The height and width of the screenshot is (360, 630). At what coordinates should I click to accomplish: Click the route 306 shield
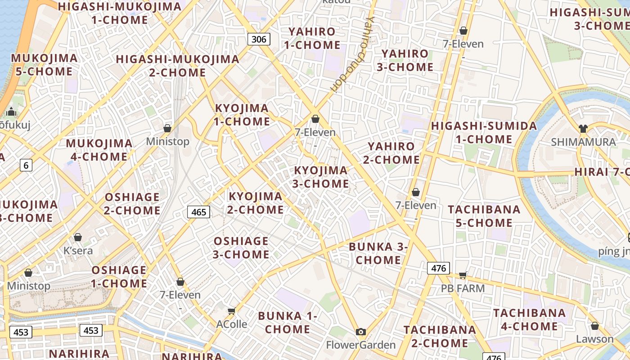point(259,39)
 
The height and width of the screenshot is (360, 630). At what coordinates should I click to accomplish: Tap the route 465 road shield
point(198,212)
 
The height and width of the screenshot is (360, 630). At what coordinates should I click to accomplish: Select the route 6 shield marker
point(26,166)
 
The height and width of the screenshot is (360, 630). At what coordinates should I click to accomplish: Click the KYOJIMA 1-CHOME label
point(242,115)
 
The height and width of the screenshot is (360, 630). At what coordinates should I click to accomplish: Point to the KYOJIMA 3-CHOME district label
point(321,177)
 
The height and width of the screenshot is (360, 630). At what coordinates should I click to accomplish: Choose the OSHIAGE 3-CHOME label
point(241,247)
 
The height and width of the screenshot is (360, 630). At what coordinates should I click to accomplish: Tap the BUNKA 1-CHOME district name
point(288,322)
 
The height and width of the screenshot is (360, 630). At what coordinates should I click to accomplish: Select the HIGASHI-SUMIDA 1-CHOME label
point(484,132)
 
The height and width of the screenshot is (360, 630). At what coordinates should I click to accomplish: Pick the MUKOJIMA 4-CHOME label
point(99,150)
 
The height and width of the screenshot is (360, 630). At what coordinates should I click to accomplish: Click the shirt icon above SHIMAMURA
point(583,129)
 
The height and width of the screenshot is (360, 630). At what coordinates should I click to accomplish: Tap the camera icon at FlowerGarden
point(360,332)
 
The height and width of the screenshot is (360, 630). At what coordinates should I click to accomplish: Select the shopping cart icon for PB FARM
point(463,275)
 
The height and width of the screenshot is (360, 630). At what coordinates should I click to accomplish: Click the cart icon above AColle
point(232,311)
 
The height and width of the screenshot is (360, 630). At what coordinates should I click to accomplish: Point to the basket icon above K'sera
point(78,237)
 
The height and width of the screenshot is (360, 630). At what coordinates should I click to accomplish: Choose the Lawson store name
point(595,339)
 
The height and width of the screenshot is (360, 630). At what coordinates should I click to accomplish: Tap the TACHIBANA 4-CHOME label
point(529,319)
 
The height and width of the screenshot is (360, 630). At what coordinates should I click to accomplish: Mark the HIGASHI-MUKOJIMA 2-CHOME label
point(177,66)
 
